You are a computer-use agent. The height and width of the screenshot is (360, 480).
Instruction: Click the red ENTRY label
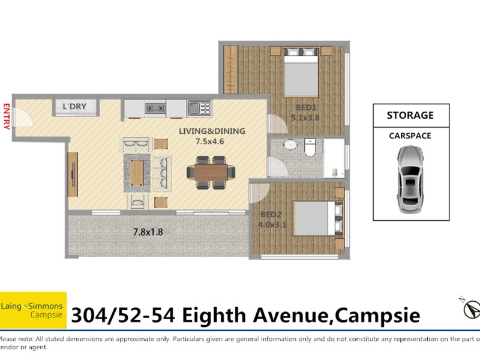pyautogui.click(x=7, y=116)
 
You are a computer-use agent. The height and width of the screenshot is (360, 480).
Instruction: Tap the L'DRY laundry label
pyautogui.click(x=74, y=107)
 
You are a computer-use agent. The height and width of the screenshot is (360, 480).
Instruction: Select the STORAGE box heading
pyautogui.click(x=410, y=115)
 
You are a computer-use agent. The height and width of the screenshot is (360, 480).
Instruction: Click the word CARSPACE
pyautogui.click(x=410, y=136)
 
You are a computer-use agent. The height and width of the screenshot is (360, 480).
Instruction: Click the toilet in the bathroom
pyautogui.click(x=310, y=148)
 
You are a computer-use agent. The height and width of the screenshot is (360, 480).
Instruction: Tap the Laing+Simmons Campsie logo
pyautogui.click(x=33, y=310)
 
